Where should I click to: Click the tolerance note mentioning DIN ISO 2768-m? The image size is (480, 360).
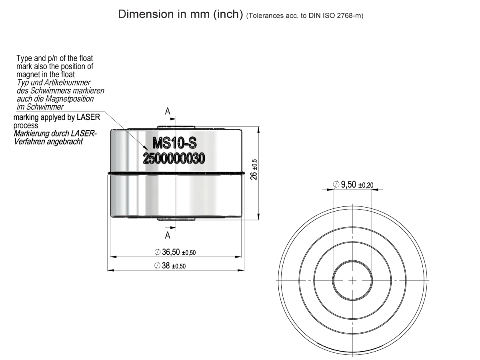305,16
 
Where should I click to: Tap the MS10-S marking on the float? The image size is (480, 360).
174,142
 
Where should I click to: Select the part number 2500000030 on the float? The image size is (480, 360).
174,158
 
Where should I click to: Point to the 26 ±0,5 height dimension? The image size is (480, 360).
254,170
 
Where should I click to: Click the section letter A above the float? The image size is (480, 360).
168,112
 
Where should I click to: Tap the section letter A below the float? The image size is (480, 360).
168,235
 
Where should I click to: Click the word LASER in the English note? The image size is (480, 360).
88,118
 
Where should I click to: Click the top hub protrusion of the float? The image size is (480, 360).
176,128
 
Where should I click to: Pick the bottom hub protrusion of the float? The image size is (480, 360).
176,219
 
